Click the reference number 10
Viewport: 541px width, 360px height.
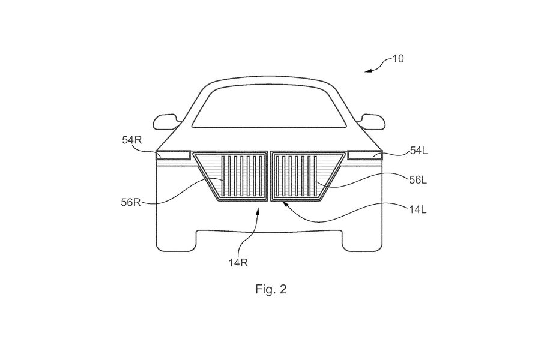tap(398, 59)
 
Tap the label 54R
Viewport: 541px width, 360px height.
tap(132, 140)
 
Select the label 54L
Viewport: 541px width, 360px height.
tap(419, 151)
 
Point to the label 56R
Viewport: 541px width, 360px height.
tap(131, 202)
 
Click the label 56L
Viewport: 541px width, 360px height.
tap(418, 179)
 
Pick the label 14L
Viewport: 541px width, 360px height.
tap(418, 209)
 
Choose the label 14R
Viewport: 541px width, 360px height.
tap(238, 263)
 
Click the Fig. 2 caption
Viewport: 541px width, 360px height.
tap(271, 289)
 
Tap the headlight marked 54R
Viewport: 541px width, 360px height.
tap(173, 155)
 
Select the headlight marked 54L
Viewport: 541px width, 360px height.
tap(365, 155)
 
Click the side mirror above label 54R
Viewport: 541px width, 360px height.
tap(167, 122)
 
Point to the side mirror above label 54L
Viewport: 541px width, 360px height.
tap(371, 122)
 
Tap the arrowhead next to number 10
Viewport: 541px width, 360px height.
tap(369, 71)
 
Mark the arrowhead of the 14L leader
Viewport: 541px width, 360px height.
tap(285, 203)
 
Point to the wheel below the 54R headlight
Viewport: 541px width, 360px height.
tap(177, 241)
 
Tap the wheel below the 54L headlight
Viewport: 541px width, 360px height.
tap(362, 241)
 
